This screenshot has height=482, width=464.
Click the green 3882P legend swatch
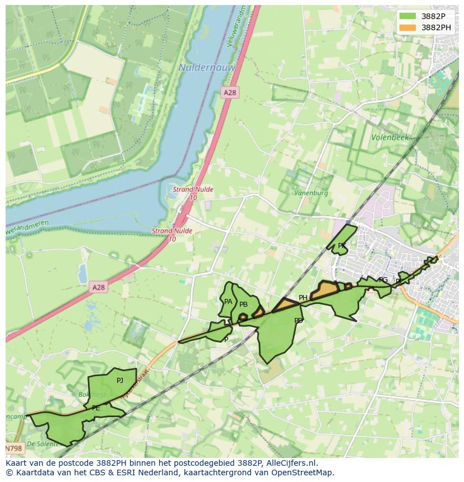click(408, 16)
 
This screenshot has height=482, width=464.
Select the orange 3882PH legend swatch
click(408, 27)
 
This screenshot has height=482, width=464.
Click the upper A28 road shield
click(229, 92)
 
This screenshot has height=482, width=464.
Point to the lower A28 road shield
click(98, 287)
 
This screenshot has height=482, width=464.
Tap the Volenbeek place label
click(390, 137)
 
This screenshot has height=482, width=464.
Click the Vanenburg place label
click(311, 193)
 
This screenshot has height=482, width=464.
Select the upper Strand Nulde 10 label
click(192, 193)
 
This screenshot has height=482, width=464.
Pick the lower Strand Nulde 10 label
click(172, 235)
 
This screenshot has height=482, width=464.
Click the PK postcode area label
click(341, 246)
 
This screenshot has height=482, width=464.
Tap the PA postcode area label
click(228, 302)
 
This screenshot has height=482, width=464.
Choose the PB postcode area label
click(243, 305)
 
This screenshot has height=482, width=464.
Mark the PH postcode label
click(303, 298)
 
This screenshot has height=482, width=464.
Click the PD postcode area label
click(299, 321)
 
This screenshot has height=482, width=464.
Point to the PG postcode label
click(383, 280)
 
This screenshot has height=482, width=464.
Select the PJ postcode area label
click(120, 381)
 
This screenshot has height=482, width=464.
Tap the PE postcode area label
click(96, 408)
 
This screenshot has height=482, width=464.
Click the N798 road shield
click(14, 448)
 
